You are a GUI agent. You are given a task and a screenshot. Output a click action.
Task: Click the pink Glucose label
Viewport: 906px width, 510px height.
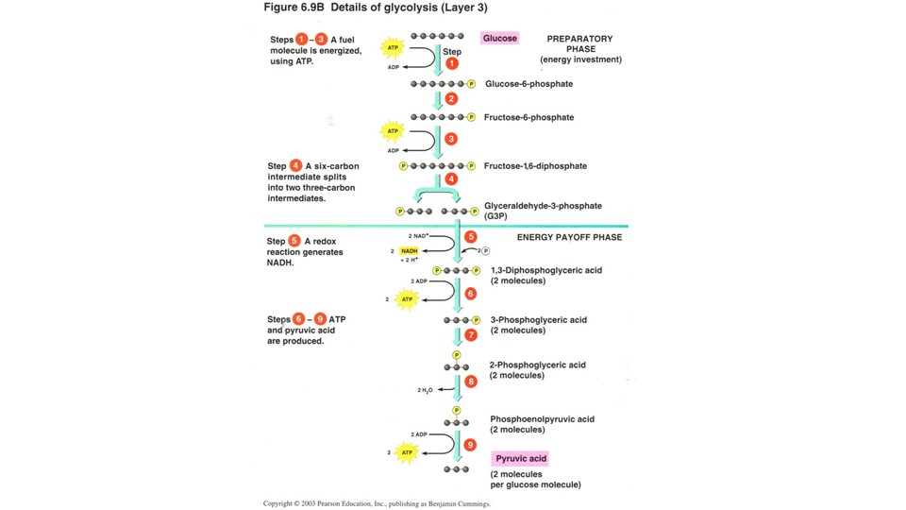click(499, 39)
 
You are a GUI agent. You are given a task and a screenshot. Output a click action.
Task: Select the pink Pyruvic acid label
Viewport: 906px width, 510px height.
click(521, 458)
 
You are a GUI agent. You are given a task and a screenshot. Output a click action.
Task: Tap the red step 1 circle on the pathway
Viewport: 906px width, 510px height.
click(452, 63)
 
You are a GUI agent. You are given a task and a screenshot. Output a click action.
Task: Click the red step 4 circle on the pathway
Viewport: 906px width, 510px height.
click(451, 178)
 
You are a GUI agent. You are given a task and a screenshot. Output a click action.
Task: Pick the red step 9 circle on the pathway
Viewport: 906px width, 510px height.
click(470, 445)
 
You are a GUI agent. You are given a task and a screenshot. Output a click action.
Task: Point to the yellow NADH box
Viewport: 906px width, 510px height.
click(409, 251)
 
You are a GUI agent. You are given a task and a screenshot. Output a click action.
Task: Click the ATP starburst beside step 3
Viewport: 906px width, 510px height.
click(392, 131)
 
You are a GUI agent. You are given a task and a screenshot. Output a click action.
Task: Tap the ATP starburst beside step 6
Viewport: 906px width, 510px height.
click(407, 299)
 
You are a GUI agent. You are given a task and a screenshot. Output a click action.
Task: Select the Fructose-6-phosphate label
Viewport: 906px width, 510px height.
click(528, 118)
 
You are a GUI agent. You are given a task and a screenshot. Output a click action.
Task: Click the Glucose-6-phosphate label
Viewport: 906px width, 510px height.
click(528, 84)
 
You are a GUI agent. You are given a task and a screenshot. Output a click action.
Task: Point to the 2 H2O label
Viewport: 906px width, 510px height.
click(425, 390)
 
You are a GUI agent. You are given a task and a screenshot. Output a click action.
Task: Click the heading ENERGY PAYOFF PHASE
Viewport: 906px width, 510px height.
click(569, 237)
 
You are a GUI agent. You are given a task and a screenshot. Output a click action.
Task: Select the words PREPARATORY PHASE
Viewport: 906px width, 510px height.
click(579, 43)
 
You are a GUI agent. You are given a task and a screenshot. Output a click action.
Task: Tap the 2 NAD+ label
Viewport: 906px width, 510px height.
click(418, 235)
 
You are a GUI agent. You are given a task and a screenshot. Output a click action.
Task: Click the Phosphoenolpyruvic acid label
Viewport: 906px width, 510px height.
click(542, 419)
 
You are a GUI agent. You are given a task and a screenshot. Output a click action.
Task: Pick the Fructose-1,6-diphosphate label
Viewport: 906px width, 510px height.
click(535, 166)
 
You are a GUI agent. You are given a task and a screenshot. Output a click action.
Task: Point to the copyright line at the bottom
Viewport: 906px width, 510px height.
click(377, 503)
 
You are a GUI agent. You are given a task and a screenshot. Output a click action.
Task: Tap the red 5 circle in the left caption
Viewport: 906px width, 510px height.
click(294, 241)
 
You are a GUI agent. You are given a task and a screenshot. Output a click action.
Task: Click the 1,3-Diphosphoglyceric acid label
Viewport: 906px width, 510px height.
click(545, 271)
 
